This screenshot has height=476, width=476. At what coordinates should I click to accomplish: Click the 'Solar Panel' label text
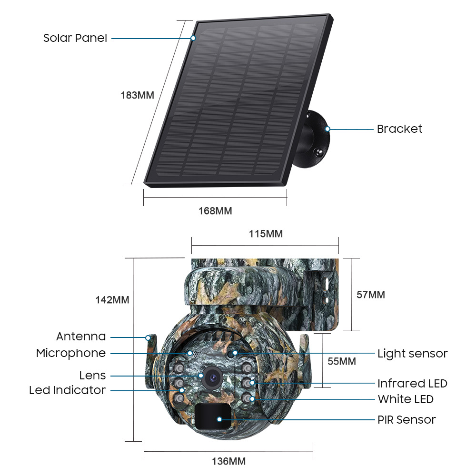[x=75, y=38]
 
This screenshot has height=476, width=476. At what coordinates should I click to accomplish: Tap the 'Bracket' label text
[x=399, y=129]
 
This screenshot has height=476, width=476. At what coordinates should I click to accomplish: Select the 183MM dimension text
[x=137, y=95]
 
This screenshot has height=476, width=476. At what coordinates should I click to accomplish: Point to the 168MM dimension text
[x=215, y=211]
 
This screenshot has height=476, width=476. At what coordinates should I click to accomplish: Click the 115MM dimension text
[x=266, y=234]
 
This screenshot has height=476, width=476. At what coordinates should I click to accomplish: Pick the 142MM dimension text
[x=112, y=300]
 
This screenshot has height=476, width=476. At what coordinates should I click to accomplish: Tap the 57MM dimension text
[x=371, y=295]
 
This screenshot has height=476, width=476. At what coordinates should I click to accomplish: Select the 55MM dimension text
[x=342, y=361]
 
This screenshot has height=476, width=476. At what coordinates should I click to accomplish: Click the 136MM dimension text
[x=228, y=461]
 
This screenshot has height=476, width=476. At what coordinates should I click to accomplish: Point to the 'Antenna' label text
[x=81, y=337]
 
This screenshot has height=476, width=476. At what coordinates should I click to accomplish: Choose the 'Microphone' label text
[x=71, y=353]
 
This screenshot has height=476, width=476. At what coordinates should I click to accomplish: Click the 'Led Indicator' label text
[x=67, y=390]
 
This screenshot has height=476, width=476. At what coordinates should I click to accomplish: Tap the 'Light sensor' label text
[x=412, y=354]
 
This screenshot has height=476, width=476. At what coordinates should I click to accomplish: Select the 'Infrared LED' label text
[x=412, y=383]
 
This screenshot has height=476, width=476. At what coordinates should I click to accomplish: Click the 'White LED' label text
[x=406, y=399]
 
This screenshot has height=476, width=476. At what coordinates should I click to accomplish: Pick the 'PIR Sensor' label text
[x=407, y=419]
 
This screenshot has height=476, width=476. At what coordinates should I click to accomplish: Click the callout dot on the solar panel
[x=193, y=38]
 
